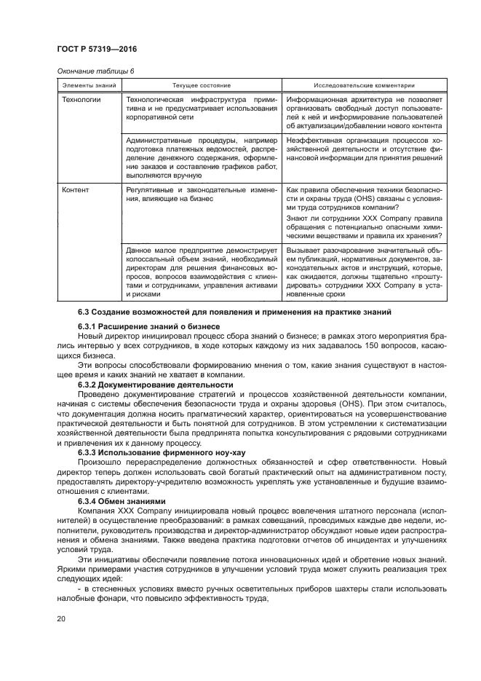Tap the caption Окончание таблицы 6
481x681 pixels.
click(x=94, y=71)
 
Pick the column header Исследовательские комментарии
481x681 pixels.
click(x=364, y=85)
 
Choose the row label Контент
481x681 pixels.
click(x=75, y=190)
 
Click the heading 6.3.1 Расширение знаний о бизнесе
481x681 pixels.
click(x=149, y=326)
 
